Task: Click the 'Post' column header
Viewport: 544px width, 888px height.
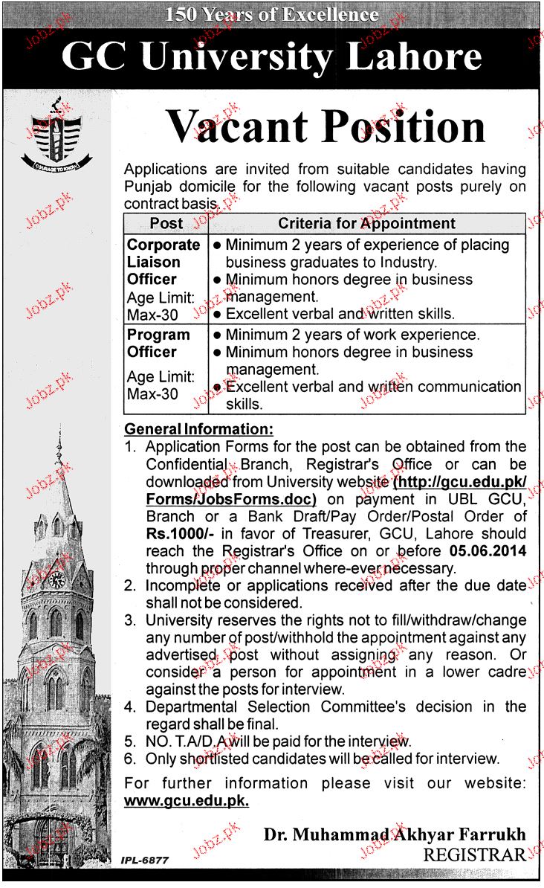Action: click(x=166, y=223)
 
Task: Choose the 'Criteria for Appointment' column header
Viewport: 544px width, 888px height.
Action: click(x=366, y=223)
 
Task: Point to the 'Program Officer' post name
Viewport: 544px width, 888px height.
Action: click(x=158, y=343)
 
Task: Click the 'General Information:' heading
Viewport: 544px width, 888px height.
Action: click(x=198, y=429)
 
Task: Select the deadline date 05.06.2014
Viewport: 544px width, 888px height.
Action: click(x=488, y=550)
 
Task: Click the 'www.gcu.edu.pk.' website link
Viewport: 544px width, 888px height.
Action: click(x=187, y=800)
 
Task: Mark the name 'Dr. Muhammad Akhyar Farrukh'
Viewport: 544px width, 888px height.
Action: click(x=394, y=834)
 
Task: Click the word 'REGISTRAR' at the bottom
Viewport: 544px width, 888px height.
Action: click(x=474, y=855)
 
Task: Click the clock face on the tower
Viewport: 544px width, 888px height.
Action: click(x=56, y=580)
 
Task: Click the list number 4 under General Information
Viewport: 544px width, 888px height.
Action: click(x=131, y=707)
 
